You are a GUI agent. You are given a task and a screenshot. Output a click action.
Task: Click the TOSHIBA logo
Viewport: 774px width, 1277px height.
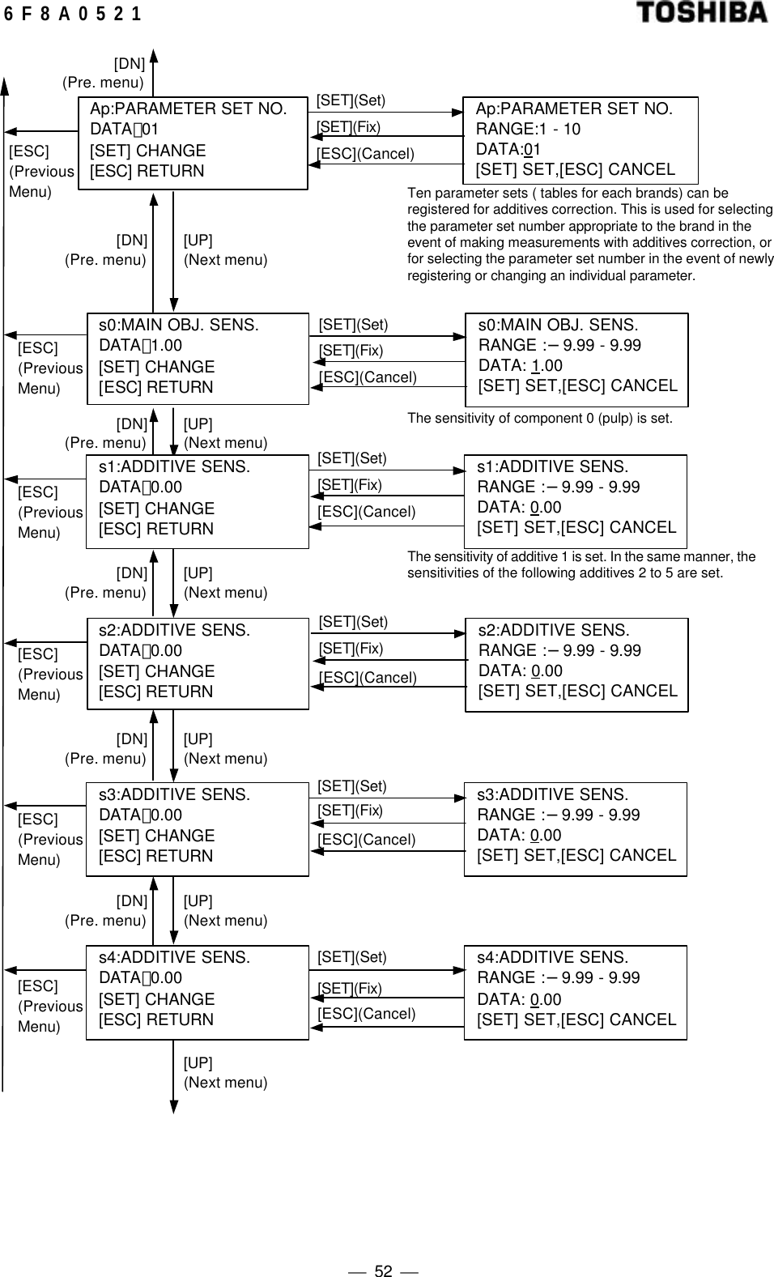click(x=701, y=13)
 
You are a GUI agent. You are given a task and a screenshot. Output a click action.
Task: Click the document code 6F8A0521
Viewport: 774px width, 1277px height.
click(x=72, y=14)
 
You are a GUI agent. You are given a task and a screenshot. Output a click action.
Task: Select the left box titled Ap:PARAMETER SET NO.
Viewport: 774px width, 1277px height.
click(x=193, y=143)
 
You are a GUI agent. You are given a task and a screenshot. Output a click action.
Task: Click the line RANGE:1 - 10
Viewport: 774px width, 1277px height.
click(x=528, y=129)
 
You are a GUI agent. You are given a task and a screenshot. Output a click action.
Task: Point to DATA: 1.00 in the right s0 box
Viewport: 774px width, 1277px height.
click(x=521, y=365)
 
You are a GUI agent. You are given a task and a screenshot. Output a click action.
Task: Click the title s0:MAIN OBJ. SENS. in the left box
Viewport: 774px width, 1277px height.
click(x=179, y=325)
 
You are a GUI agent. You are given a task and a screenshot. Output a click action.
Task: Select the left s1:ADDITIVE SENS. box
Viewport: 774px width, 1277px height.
click(x=198, y=501)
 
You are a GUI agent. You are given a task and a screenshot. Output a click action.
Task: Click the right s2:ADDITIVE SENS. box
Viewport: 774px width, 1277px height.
click(x=576, y=665)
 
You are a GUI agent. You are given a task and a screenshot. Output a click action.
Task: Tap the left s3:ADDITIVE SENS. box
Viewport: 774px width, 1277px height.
click(x=198, y=829)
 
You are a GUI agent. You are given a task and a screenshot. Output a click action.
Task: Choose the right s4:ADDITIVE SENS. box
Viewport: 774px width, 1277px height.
click(x=575, y=992)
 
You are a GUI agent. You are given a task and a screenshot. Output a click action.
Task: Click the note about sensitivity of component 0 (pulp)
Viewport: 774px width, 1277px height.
click(x=539, y=419)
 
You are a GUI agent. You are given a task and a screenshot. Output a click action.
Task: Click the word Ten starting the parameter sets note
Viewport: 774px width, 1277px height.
click(x=418, y=194)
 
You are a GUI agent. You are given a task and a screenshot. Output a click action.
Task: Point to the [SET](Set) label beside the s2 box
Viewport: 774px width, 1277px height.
click(x=353, y=622)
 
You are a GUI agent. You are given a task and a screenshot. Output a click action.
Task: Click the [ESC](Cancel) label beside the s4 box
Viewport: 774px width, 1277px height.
click(x=366, y=1014)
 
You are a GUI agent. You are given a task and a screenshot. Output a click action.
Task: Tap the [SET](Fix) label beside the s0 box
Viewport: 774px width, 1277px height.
click(x=351, y=351)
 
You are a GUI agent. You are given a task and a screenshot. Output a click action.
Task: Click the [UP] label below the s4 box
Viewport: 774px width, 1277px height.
click(x=198, y=1063)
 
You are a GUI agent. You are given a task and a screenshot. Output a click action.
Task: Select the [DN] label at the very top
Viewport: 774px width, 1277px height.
click(x=130, y=63)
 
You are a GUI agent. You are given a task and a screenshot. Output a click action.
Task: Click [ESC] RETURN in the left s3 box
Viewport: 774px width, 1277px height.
click(x=156, y=856)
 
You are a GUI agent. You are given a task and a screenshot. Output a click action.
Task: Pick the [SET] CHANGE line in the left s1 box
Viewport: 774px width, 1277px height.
click(x=157, y=509)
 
